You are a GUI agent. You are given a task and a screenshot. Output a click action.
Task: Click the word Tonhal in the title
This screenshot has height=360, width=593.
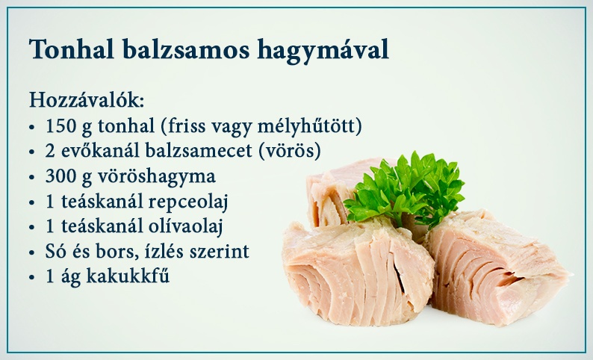pyautogui.click(x=72, y=49)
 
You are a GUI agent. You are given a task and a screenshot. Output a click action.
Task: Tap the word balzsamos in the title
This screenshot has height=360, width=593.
pyautogui.click(x=186, y=49)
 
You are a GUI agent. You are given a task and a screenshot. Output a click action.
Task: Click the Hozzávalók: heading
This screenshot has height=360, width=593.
pyautogui.click(x=87, y=100)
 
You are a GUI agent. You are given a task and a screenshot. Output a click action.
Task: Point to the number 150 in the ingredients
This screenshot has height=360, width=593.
pyautogui.click(x=61, y=126)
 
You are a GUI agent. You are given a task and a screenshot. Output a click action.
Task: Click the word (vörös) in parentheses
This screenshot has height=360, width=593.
pyautogui.click(x=290, y=152)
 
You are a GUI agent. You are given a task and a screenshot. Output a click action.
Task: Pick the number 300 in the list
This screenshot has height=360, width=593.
pyautogui.click(x=60, y=176)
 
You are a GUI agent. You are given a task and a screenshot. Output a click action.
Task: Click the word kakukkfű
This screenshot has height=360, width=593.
pyautogui.click(x=128, y=276)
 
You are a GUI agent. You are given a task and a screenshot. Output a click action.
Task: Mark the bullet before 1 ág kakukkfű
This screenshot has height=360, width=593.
pyautogui.click(x=32, y=277)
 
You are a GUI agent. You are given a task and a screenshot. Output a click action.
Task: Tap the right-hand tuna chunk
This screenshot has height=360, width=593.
pyautogui.click(x=495, y=267)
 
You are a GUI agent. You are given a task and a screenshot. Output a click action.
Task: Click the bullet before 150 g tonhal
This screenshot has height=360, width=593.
pyautogui.click(x=32, y=128)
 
